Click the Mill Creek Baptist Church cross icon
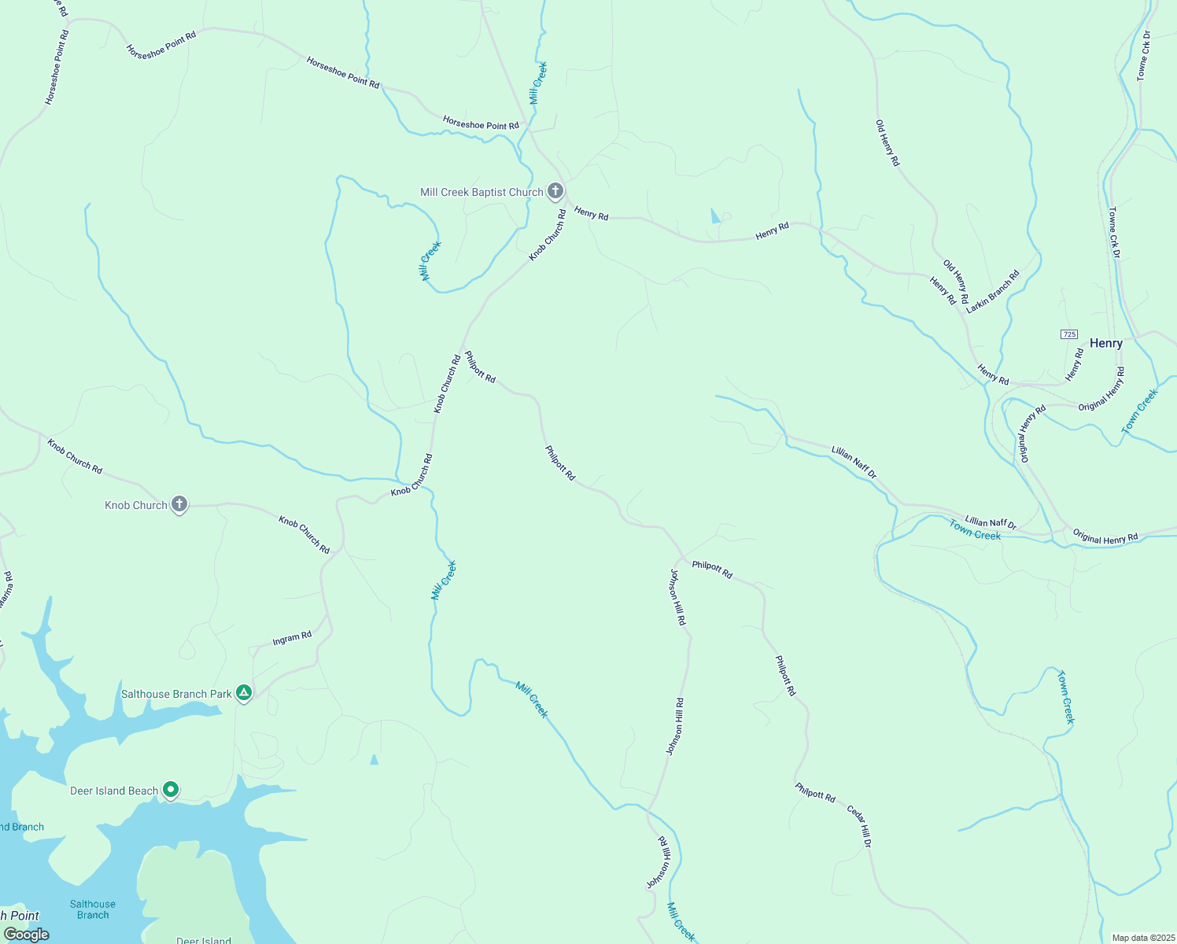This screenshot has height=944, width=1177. [x=555, y=191]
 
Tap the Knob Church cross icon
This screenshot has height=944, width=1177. [x=179, y=504]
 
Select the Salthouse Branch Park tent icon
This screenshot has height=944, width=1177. [x=244, y=693]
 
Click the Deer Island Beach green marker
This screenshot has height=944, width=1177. [x=171, y=789]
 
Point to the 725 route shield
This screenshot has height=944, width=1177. [x=1068, y=334]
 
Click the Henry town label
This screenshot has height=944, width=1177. [x=1105, y=343]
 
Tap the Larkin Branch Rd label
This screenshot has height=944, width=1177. [x=992, y=292]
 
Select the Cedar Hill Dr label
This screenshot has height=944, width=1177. [x=859, y=826]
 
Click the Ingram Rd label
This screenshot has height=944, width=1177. [x=292, y=639]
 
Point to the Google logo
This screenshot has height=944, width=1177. [x=27, y=934]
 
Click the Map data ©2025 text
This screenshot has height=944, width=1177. [x=1142, y=938]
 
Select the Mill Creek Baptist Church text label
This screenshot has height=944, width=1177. [x=481, y=192]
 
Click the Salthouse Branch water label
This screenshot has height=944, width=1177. [x=93, y=909]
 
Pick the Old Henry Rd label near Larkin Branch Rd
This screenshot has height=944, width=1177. [x=956, y=282]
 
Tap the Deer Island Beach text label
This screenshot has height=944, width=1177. [x=114, y=791]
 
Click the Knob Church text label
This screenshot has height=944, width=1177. [x=136, y=505]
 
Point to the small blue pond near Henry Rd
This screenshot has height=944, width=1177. [x=714, y=216]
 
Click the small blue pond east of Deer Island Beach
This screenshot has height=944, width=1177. [x=374, y=760]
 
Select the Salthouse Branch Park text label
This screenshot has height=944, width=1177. [x=176, y=694]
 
